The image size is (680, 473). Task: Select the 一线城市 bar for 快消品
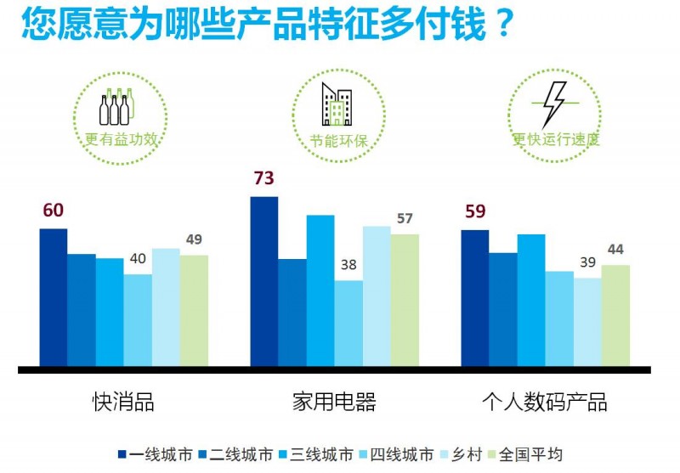point(53,298)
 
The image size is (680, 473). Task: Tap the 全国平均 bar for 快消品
point(194,311)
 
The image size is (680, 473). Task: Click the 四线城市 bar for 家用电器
point(348,324)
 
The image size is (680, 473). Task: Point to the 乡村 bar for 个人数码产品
point(587,323)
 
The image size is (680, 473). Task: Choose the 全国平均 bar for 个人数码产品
point(615,316)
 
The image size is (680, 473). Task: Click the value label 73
point(265,179)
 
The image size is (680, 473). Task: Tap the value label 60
point(53,211)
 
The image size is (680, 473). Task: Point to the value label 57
point(405,219)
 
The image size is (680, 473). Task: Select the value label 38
point(348,265)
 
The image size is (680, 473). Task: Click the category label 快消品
point(123,402)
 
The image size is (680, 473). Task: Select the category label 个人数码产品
point(545,402)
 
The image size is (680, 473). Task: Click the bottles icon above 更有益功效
point(117,107)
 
